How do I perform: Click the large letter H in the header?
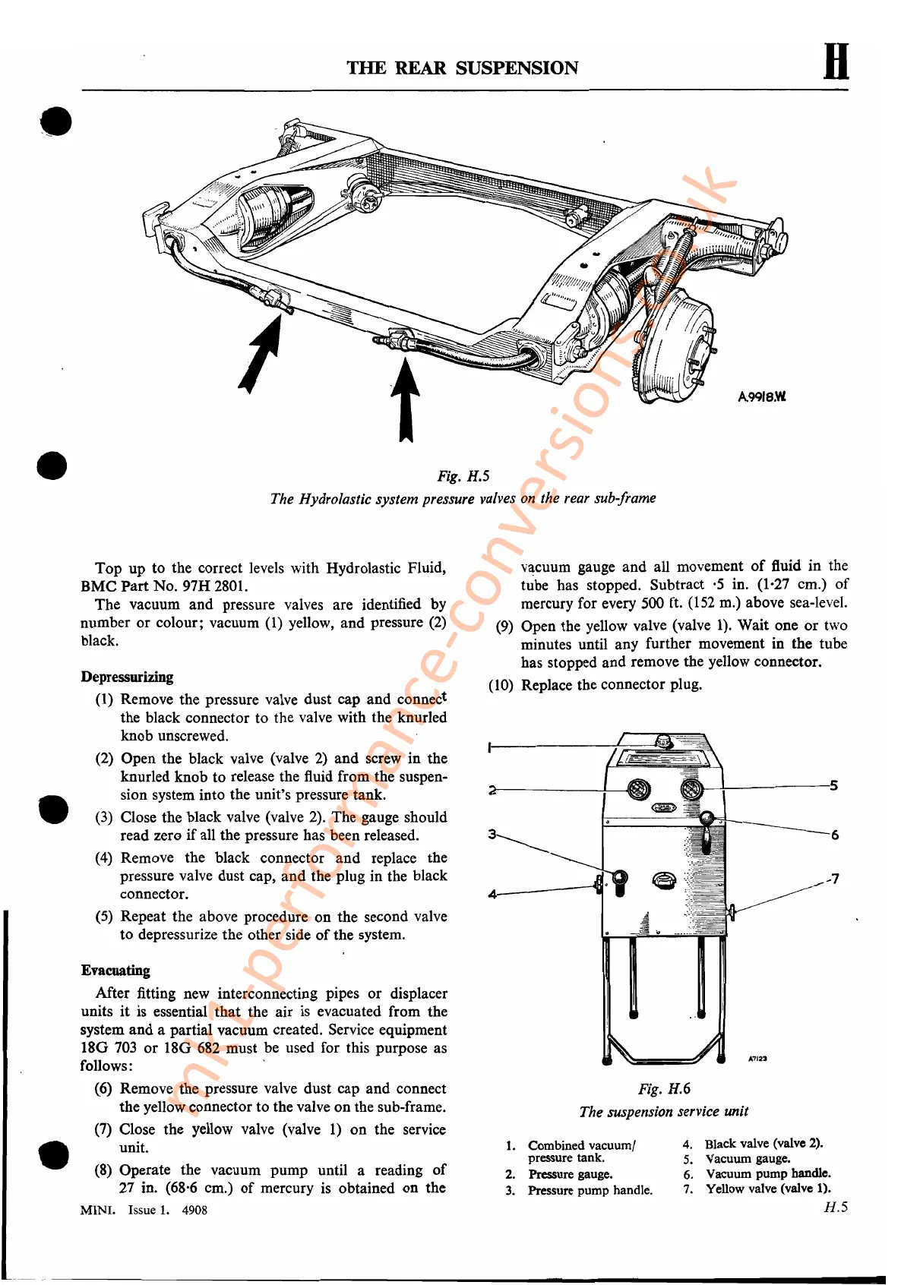tap(836, 62)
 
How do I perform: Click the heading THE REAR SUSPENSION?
tap(462, 68)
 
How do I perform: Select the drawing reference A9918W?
tap(761, 396)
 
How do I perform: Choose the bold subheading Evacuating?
tap(115, 971)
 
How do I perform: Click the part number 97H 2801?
tap(215, 586)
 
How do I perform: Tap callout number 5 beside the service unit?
tap(833, 785)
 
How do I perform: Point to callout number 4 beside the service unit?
tap(492, 894)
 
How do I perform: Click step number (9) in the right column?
tap(504, 627)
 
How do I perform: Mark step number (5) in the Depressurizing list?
tap(104, 917)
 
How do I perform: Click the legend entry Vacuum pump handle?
tap(768, 1173)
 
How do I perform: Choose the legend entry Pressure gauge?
tap(570, 1174)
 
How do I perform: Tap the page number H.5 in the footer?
tap(836, 1207)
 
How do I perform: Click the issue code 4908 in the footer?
tap(194, 1210)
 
